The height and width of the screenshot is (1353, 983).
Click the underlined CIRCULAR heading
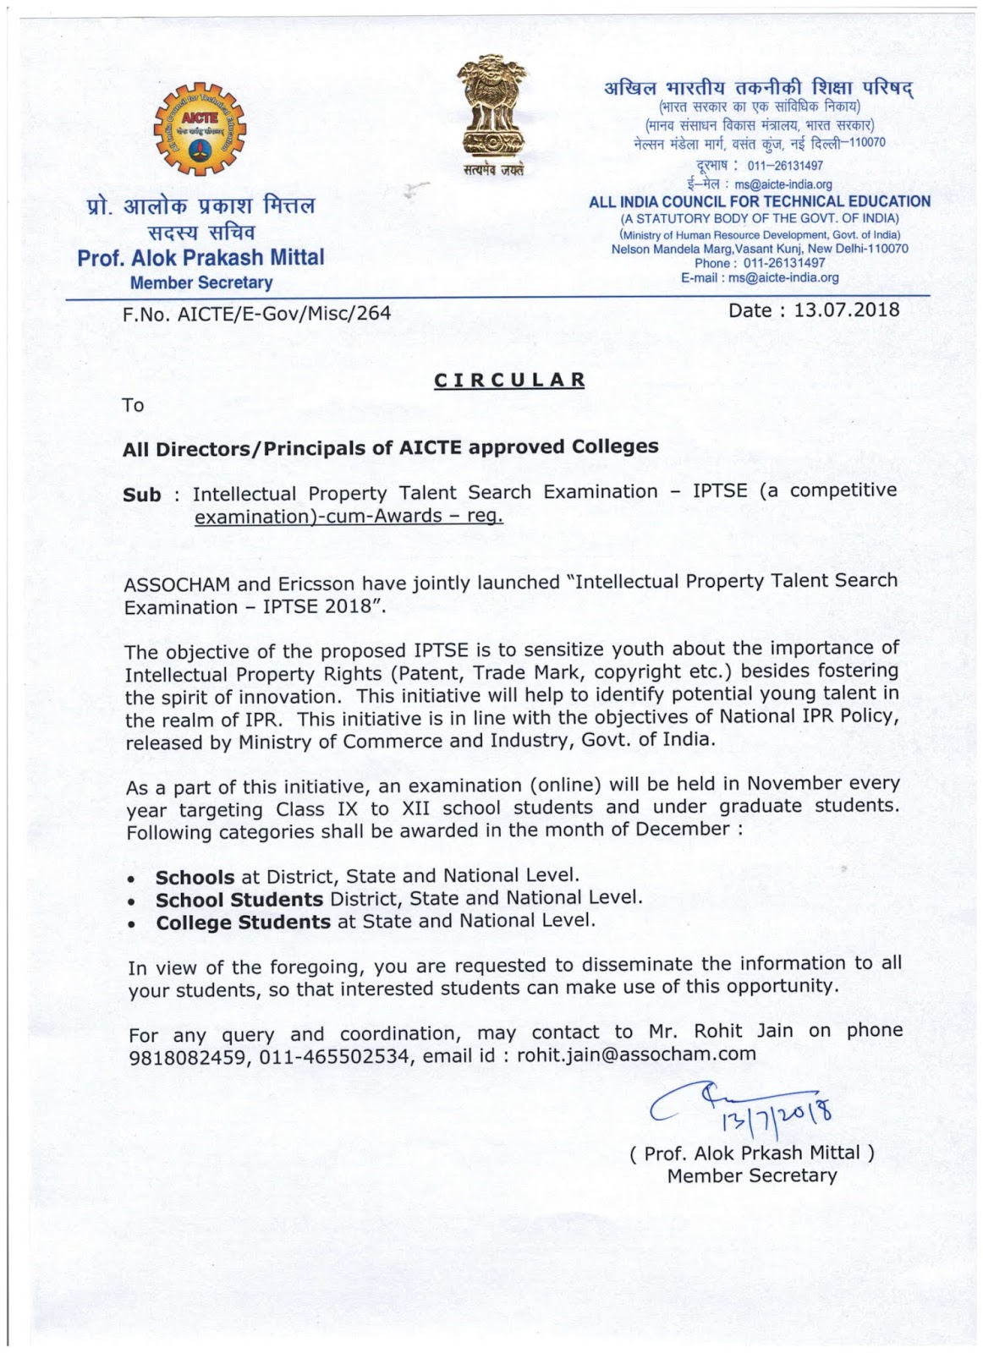pyautogui.click(x=509, y=380)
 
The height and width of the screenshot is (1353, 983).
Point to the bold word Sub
pyautogui.click(x=141, y=496)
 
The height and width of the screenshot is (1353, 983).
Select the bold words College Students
pyautogui.click(x=243, y=922)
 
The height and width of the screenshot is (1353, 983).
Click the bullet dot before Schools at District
pyautogui.click(x=132, y=880)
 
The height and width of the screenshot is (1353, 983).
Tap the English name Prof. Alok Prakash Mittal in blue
pyautogui.click(x=200, y=257)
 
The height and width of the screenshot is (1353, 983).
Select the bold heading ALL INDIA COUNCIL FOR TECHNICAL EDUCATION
pyautogui.click(x=759, y=202)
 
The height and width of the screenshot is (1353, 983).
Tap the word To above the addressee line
pyautogui.click(x=133, y=405)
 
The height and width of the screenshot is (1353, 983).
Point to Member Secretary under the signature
pyautogui.click(x=751, y=1175)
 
